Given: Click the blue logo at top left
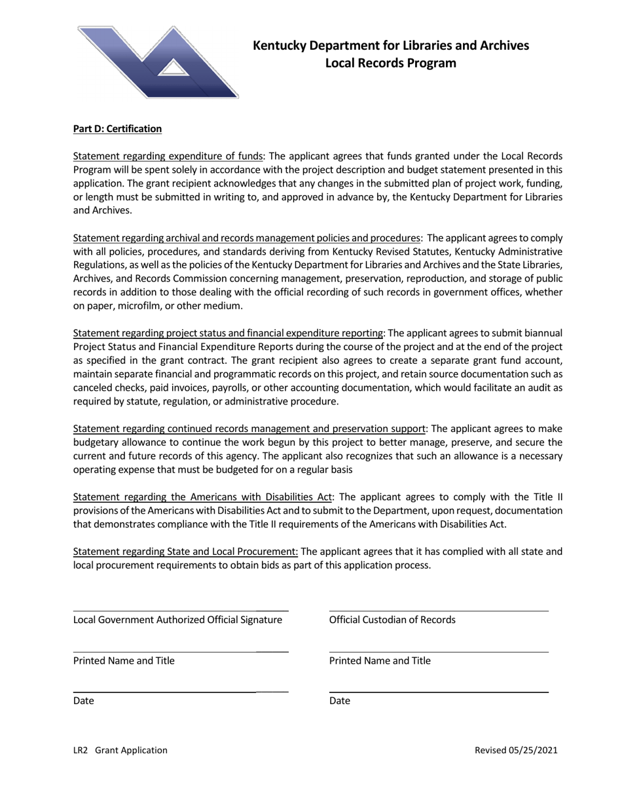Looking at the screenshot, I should click(157, 62).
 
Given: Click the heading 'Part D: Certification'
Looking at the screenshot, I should click(117, 129).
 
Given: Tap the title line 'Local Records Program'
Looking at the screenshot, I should click(391, 63).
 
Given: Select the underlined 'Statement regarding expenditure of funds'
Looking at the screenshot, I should click(168, 156).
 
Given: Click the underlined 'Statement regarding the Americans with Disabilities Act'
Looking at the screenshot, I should click(203, 497).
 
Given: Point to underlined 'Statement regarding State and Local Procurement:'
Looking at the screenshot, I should click(185, 552).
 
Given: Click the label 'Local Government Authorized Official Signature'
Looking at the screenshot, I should click(177, 620).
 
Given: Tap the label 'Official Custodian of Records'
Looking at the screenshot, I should click(392, 620).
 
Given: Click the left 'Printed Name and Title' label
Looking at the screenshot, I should click(124, 660).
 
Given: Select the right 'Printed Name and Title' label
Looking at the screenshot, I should click(380, 660).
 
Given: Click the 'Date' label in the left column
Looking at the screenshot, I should click(83, 701).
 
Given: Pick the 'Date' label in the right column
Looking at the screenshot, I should click(339, 701).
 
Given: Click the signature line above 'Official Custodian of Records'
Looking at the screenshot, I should click(439, 611).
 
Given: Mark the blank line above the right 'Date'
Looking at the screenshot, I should click(439, 692).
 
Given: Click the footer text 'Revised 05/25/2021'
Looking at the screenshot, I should click(516, 751).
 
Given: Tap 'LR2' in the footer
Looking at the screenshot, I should click(81, 751).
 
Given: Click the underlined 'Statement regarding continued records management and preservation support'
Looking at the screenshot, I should click(249, 429).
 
